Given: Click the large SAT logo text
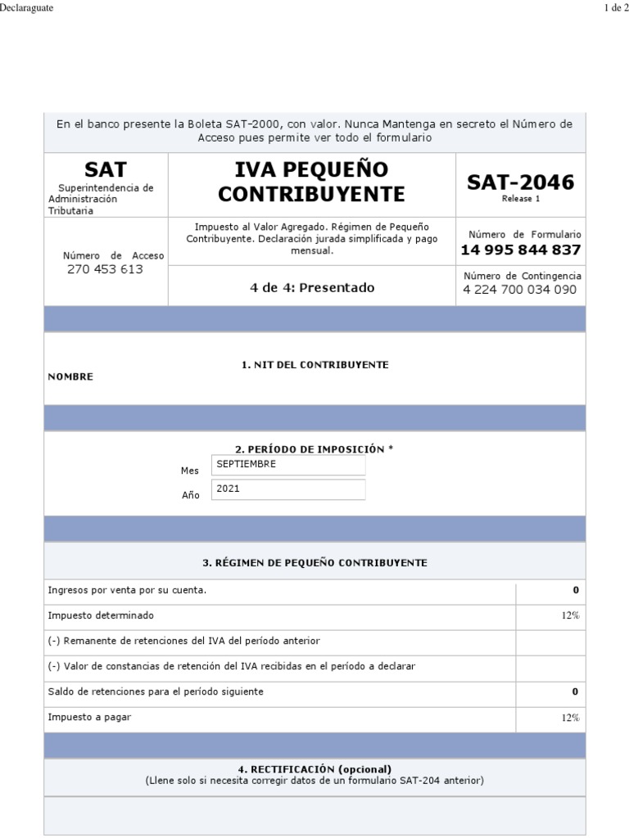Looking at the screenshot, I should (x=106, y=170).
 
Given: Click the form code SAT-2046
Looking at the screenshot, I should (x=520, y=182).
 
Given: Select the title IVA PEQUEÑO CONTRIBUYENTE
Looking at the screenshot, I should (x=311, y=182).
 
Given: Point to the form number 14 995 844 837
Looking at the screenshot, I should (x=520, y=250).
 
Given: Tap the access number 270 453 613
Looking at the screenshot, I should (x=105, y=269).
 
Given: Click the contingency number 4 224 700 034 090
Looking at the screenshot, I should (x=520, y=290).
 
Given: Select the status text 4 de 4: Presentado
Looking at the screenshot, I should (x=311, y=287).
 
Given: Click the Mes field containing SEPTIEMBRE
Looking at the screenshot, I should (x=288, y=465).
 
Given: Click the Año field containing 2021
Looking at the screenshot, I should (x=288, y=489).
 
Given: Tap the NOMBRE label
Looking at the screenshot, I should (x=70, y=376).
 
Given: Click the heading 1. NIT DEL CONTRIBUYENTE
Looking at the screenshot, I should (x=314, y=364).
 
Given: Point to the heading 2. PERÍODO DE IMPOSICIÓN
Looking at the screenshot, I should (x=314, y=449).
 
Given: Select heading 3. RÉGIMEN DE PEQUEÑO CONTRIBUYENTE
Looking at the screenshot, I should (x=314, y=563).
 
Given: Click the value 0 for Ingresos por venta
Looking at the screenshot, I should (x=575, y=590).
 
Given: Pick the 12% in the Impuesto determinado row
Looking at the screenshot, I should (x=570, y=615).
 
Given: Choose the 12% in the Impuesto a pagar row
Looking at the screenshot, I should (x=570, y=718).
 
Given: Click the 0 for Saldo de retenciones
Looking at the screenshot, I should (x=575, y=692).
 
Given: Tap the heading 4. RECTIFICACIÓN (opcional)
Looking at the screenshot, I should (x=314, y=769).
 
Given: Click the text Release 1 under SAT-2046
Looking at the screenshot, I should (x=520, y=199).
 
